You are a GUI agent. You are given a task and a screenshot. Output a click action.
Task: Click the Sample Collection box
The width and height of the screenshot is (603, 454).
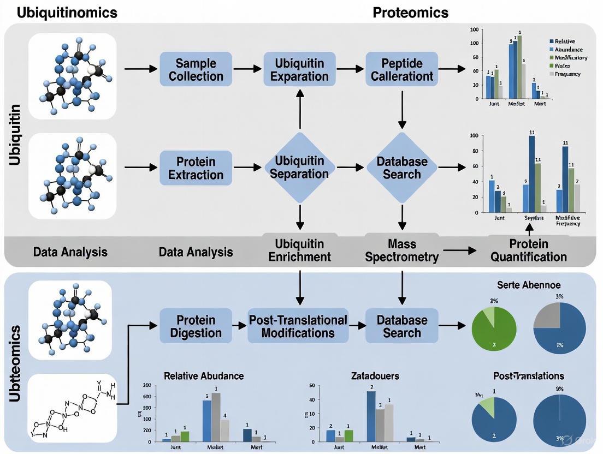pos(196,69)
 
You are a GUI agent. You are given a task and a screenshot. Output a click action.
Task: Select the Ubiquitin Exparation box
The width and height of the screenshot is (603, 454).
pos(299,69)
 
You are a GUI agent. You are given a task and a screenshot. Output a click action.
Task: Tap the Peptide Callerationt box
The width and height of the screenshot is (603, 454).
pos(402,69)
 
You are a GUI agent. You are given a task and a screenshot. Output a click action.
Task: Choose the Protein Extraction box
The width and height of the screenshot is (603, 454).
pos(196,168)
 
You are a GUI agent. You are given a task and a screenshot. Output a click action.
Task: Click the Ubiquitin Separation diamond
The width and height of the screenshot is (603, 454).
pos(299,167)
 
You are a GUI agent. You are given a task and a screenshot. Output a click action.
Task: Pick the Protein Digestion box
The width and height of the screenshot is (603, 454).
pos(196,326)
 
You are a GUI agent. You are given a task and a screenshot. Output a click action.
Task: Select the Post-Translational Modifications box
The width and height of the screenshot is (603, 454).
pos(298,326)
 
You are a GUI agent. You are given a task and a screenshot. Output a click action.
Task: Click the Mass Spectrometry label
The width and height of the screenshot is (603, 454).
pos(402,250)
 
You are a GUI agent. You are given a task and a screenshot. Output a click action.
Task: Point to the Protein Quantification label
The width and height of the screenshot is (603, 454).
pos(527,250)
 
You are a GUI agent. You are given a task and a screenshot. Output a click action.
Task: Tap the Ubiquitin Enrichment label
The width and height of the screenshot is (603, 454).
pos(299,250)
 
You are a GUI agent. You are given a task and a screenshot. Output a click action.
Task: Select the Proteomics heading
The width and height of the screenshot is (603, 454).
pos(410,13)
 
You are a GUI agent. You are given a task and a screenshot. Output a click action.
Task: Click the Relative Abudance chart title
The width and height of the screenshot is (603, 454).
pos(204,376)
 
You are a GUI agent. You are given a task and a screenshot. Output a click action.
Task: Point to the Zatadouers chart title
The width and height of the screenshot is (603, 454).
pos(375,376)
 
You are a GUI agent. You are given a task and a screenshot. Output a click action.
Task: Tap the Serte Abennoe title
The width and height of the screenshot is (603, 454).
pos(529,285)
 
